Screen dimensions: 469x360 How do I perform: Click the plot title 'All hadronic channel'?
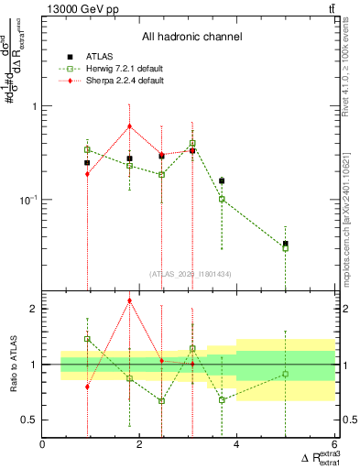(193, 38)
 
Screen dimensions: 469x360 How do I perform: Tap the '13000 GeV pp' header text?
(78, 8)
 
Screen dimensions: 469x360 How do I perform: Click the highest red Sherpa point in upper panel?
(130, 126)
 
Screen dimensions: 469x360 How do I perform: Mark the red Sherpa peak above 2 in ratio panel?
(130, 300)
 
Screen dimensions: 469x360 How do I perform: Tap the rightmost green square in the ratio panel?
(286, 374)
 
